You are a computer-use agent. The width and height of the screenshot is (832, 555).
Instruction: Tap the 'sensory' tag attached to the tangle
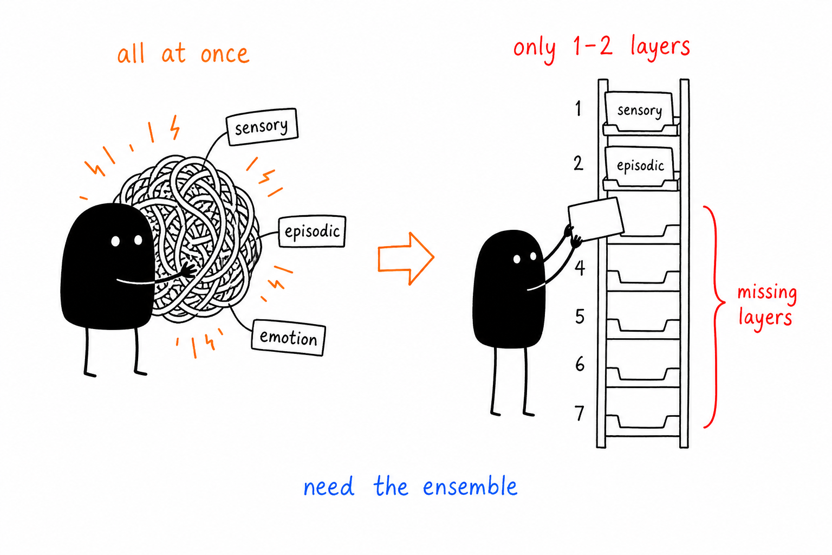262,127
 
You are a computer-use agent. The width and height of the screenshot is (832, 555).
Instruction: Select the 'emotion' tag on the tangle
289,338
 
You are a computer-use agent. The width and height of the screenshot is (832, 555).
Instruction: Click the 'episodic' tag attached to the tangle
312,231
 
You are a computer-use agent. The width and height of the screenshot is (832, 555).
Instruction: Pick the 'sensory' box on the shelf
640,111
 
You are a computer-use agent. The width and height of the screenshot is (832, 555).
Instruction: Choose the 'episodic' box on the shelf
640,166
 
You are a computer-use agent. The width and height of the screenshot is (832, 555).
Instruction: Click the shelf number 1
578,108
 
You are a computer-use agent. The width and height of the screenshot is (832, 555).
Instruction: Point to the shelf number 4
580,268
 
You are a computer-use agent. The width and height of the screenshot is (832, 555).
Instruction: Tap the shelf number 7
580,413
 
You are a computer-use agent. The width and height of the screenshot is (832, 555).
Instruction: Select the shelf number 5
580,317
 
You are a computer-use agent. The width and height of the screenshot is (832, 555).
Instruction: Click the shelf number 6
580,364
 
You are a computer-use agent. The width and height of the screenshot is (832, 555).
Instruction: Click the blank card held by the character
596,219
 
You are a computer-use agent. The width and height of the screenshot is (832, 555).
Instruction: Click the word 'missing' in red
767,292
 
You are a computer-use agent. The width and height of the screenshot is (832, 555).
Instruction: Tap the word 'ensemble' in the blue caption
470,486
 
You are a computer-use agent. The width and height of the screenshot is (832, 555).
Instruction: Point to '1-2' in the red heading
593,47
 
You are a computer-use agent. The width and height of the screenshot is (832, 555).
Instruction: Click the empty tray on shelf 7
643,422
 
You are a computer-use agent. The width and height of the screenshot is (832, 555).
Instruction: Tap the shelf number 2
578,163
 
